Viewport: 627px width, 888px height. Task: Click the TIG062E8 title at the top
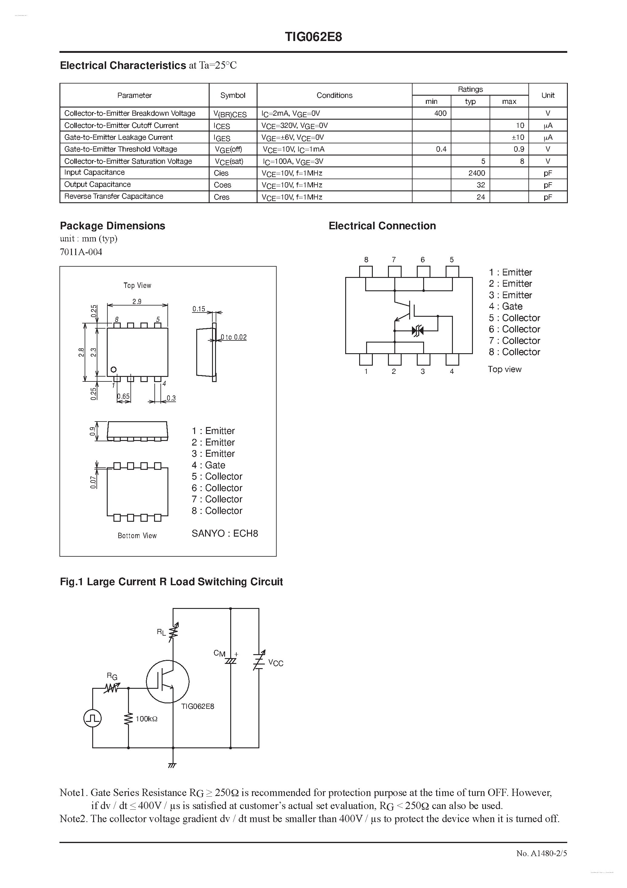tap(313, 37)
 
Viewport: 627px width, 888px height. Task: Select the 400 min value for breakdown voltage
tap(440, 113)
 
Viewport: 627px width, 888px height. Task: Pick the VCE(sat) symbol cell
tap(229, 162)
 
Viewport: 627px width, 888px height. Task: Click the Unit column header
tap(548, 95)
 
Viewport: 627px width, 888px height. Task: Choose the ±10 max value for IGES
tap(518, 137)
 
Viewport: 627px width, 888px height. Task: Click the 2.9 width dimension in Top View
tap(137, 301)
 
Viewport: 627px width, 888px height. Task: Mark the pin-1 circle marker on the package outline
tap(113, 370)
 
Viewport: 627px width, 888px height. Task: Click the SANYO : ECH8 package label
tap(225, 533)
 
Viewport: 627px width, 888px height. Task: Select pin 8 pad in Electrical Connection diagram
tap(366, 272)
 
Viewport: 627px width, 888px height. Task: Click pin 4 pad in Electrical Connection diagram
tap(452, 359)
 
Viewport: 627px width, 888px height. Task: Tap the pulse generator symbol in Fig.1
tap(92, 719)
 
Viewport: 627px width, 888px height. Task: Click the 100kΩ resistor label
tap(147, 719)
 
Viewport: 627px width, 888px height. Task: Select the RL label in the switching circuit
tap(161, 632)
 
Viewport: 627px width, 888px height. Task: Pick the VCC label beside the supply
tap(275, 663)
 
